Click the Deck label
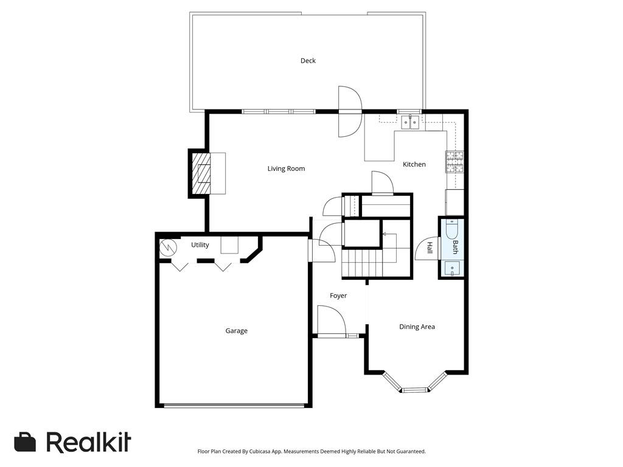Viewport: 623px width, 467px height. point(308,61)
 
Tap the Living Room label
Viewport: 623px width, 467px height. point(286,169)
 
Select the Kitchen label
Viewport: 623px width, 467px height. point(414,164)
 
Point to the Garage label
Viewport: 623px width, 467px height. point(237,331)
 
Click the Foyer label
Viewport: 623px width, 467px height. point(338,296)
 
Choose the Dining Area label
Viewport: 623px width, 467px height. point(417,327)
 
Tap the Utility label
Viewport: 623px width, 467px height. point(200,245)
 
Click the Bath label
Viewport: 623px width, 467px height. point(455,247)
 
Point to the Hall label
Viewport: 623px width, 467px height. point(430,248)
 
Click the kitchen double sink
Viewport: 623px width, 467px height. point(410,122)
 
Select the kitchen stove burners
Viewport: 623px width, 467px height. point(454,162)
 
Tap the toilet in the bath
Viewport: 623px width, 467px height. point(452,229)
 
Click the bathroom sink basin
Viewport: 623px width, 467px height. point(452,268)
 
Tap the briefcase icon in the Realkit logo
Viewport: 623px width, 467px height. point(25,442)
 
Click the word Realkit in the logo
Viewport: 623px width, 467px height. point(89,442)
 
